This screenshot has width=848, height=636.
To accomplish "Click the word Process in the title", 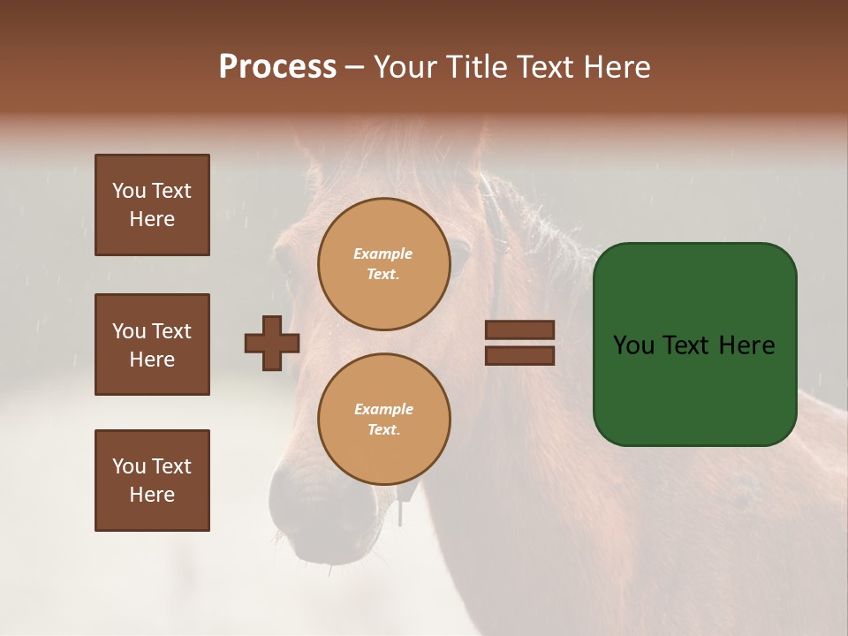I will [277, 67].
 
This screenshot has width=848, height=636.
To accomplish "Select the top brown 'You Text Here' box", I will [152, 205].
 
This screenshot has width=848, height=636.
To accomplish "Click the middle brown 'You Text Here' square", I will [152, 344].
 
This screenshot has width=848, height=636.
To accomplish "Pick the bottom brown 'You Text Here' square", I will [152, 481].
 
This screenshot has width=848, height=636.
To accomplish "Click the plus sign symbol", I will [272, 343].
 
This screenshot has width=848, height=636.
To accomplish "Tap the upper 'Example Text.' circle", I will [383, 264].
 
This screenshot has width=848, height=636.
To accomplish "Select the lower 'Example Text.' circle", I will [383, 420].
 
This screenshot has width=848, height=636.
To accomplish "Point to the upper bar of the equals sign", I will [519, 329].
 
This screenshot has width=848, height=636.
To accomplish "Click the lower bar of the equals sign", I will [519, 355].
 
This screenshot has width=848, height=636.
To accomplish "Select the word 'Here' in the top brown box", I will [152, 219].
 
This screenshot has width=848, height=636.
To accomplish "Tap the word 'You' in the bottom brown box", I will [129, 466].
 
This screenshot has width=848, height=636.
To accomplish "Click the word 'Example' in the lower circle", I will [383, 409].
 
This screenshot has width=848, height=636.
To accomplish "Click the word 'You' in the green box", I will [633, 345].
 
